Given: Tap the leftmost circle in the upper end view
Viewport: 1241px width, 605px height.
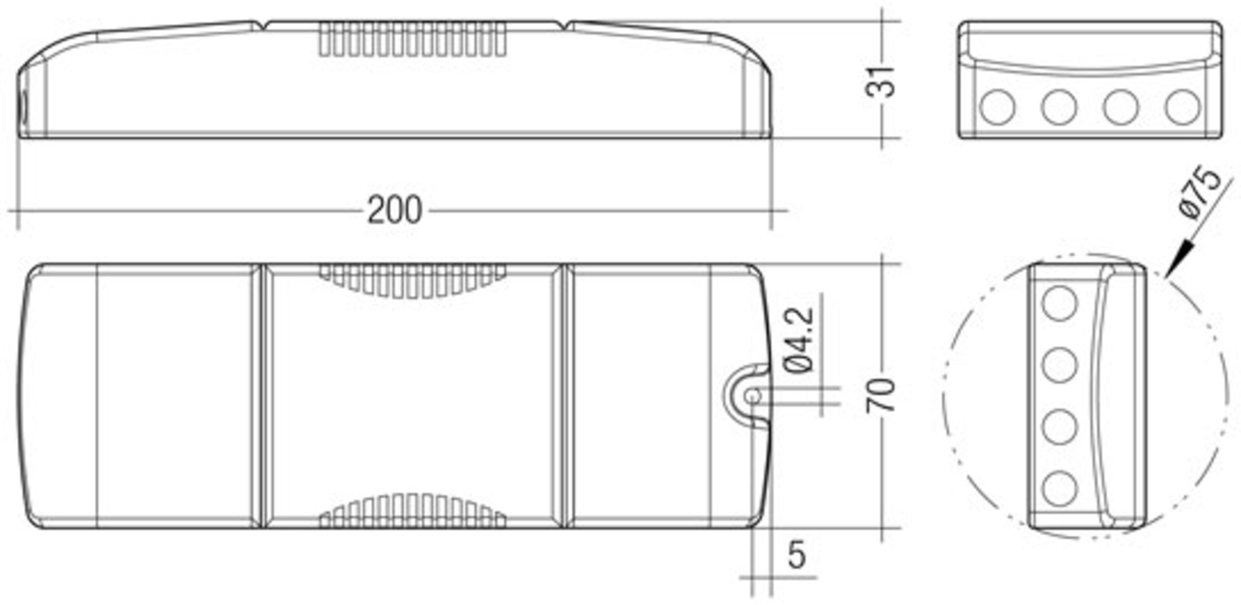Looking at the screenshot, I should [x=997, y=108].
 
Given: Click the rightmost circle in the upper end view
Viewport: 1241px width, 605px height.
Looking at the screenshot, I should [x=1183, y=108].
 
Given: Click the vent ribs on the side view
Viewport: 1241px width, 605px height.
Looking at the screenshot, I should [x=412, y=39].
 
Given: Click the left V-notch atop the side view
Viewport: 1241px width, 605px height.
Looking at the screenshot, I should [x=263, y=25].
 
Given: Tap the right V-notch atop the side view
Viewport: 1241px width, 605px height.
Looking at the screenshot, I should [x=564, y=25].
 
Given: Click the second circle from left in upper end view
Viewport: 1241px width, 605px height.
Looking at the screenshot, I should [x=1059, y=108].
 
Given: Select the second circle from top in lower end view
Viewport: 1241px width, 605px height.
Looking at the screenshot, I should [x=1060, y=365].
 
